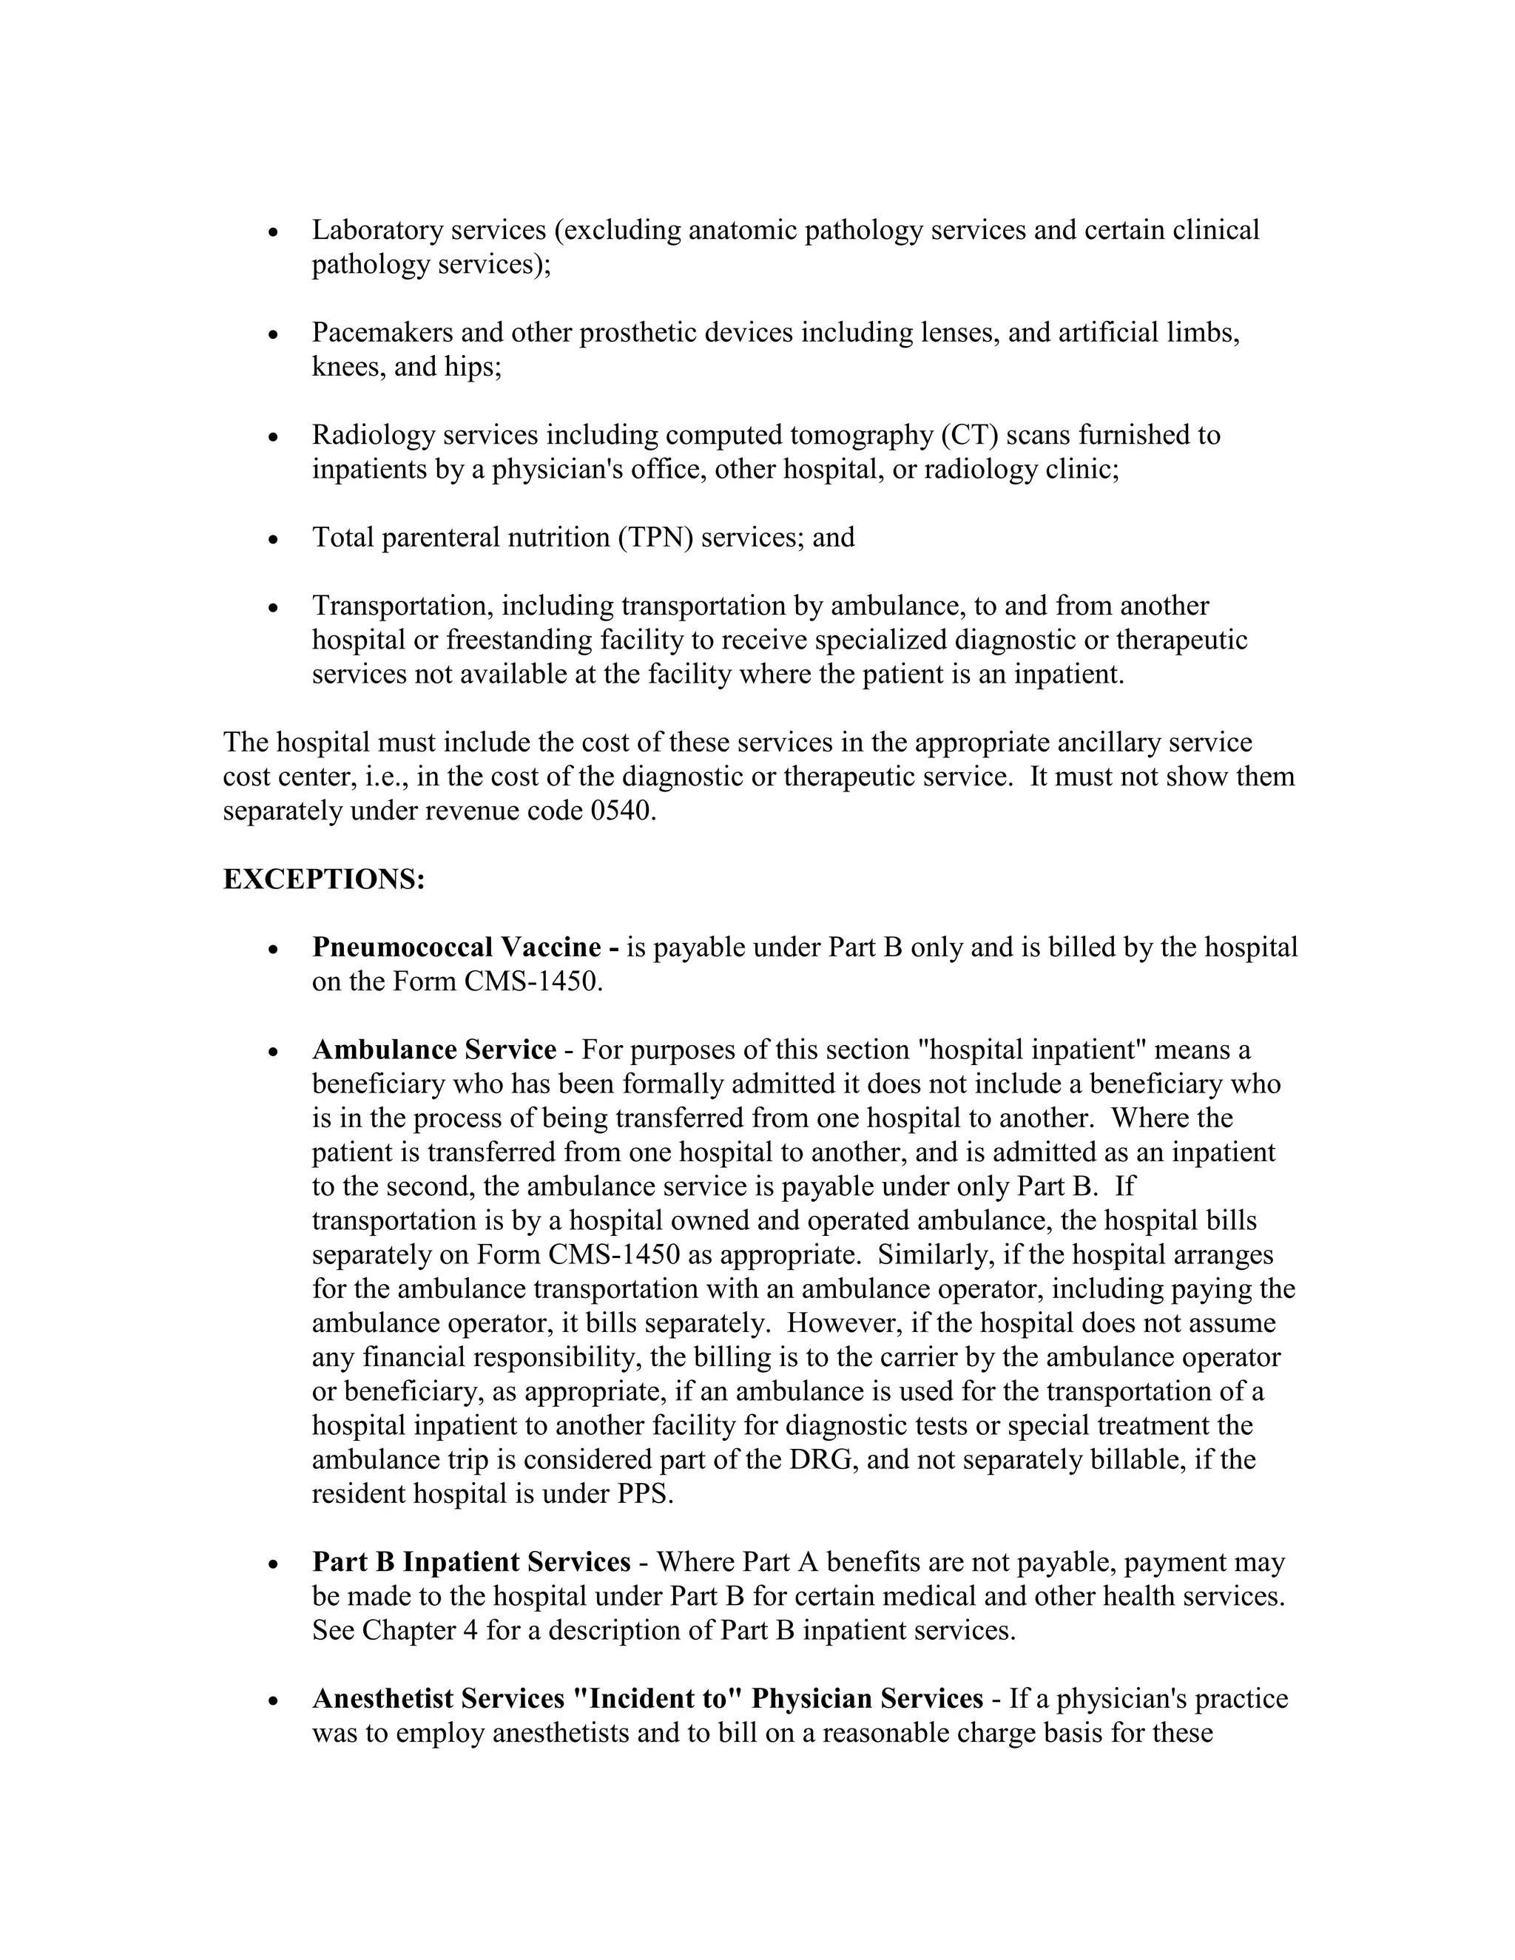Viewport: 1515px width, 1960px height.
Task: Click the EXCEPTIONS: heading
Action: pos(323,879)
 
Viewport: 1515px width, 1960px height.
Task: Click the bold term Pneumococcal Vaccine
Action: pos(456,947)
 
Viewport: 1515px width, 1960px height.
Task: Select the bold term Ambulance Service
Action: pos(433,1050)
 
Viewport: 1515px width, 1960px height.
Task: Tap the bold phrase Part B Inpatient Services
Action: pos(471,1562)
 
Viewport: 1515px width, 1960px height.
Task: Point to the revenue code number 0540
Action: pos(621,811)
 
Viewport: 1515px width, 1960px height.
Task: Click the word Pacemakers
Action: pos(382,333)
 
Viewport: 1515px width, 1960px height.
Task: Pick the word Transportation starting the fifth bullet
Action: pos(402,606)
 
